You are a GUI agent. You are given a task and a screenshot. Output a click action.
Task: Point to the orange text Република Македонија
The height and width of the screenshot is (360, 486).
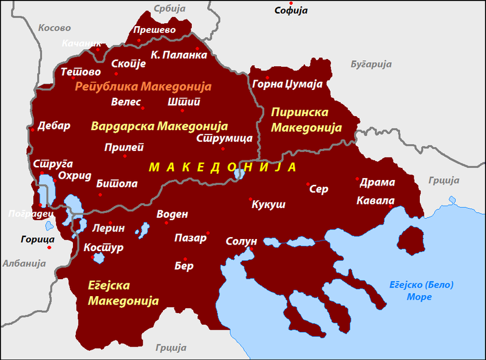click(143, 86)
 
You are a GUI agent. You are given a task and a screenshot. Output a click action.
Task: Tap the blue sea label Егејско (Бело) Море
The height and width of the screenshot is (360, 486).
click(420, 291)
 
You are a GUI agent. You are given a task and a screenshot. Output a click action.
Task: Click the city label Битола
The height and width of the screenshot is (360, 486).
click(117, 184)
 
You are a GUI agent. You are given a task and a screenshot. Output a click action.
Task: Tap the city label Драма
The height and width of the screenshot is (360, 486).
click(377, 182)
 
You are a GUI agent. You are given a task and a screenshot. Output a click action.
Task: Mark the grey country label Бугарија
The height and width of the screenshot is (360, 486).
click(371, 64)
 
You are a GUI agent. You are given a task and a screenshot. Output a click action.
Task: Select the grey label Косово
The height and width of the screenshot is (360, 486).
click(54, 28)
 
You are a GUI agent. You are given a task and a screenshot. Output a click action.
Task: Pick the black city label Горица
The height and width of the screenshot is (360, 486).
click(37, 239)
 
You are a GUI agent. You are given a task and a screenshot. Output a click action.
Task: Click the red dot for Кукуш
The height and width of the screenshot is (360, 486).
click(250, 199)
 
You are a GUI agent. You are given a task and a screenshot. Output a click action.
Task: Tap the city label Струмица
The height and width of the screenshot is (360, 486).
click(224, 138)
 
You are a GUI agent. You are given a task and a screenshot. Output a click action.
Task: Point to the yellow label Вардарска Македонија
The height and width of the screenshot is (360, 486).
click(159, 126)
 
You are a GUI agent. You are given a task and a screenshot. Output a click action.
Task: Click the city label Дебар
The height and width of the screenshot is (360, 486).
click(54, 126)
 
